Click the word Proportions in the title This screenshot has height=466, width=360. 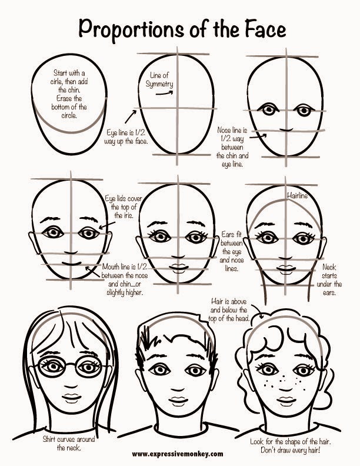click(x=131, y=29)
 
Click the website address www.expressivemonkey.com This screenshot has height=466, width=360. click(x=178, y=454)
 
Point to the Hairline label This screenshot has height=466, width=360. click(x=297, y=195)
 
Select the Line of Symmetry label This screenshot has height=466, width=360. click(x=159, y=79)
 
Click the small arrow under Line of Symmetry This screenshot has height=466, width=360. click(x=164, y=93)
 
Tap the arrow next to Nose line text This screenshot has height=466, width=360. click(x=258, y=137)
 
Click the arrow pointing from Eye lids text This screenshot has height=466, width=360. click(x=107, y=225)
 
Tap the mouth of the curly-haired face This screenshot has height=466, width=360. click(x=286, y=400)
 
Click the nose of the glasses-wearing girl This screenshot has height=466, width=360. click(x=71, y=387)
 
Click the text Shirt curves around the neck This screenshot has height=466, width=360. click(x=69, y=444)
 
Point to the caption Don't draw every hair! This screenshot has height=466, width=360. click(x=291, y=450)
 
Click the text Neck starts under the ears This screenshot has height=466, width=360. click(x=329, y=279)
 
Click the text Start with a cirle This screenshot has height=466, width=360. click(x=69, y=77)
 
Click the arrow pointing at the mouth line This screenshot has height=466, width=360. click(x=92, y=272)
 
